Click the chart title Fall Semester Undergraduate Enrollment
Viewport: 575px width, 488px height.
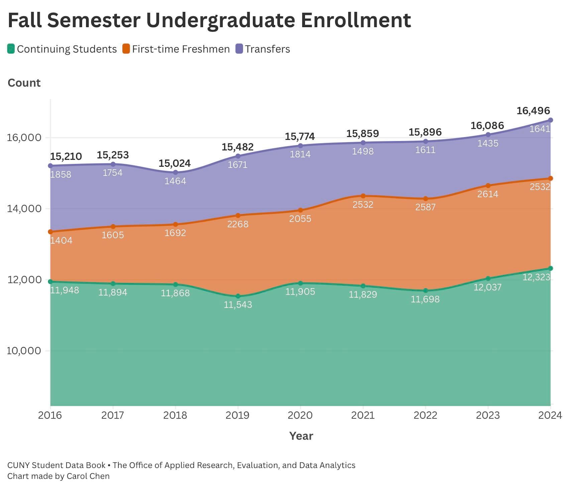pos(209,20)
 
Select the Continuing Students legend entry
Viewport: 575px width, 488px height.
pos(62,49)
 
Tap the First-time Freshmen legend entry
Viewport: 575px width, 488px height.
pos(176,49)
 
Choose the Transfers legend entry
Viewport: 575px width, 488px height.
pos(263,49)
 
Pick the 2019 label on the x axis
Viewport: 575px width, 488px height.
pos(237,415)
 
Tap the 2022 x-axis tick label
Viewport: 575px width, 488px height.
pos(425,415)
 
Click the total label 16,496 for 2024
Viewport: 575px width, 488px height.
pos(533,111)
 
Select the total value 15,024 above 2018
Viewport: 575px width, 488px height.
pos(175,163)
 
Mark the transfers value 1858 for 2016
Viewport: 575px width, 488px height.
pos(61,175)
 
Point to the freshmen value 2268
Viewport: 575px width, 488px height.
pos(238,224)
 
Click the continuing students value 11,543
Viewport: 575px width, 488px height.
pos(238,305)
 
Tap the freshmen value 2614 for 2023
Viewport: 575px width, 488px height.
pos(488,194)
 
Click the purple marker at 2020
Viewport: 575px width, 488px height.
pos(300,146)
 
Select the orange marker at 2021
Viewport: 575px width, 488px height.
pos(363,196)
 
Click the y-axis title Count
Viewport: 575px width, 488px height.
pos(24,83)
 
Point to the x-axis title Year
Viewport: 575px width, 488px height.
pos(301,436)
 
